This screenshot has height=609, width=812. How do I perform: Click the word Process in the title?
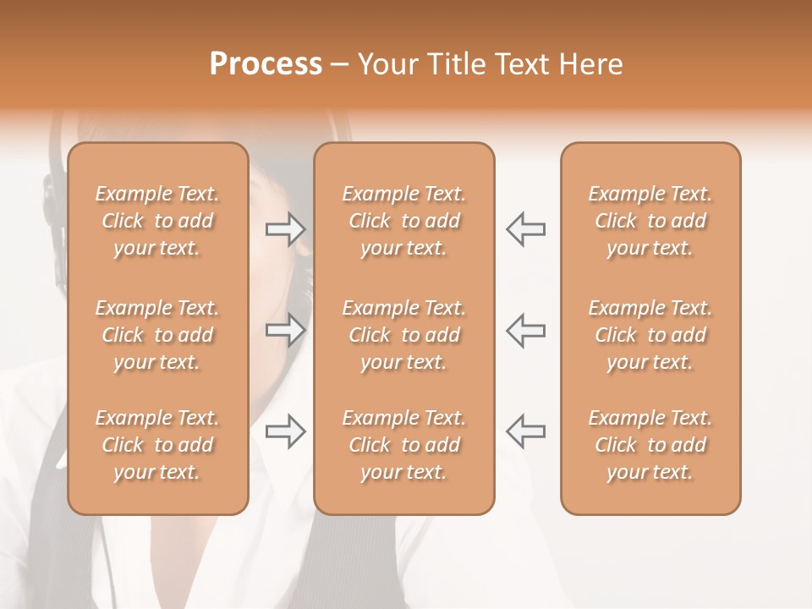(x=266, y=63)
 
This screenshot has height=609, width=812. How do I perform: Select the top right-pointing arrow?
(x=285, y=229)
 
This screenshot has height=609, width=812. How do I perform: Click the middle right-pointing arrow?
(x=285, y=330)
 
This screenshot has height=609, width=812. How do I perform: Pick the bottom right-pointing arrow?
(x=285, y=431)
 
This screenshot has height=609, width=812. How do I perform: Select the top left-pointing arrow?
(x=525, y=229)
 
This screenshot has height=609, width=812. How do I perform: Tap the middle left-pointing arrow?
(x=525, y=330)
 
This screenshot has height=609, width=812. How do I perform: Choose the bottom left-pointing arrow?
(x=525, y=431)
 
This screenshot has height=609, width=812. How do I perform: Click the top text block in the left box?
(x=157, y=221)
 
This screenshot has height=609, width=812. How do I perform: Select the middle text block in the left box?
(x=157, y=335)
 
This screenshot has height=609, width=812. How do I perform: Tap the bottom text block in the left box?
(x=157, y=445)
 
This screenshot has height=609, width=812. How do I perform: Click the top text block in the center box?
(x=404, y=221)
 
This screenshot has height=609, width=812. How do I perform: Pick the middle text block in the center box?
(x=404, y=335)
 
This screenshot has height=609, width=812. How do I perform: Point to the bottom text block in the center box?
(x=404, y=445)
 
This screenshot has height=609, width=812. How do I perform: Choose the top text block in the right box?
(x=650, y=221)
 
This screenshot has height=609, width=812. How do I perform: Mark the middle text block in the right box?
(x=650, y=335)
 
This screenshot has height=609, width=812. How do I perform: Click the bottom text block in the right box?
(x=650, y=445)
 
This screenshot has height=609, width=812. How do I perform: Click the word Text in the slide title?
(x=522, y=63)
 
